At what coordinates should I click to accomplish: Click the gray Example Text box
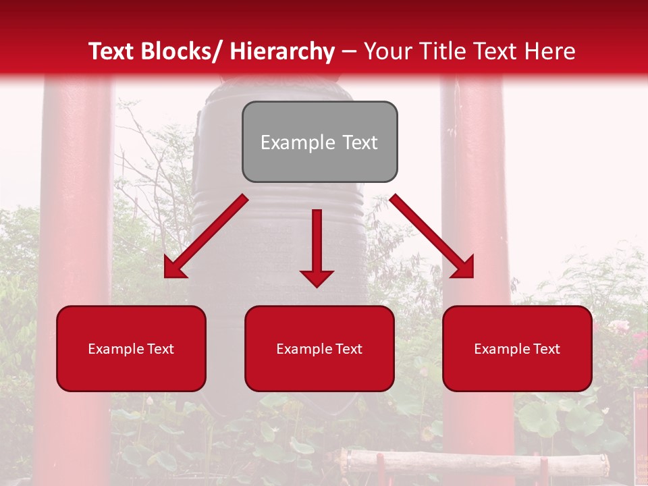coord(319,142)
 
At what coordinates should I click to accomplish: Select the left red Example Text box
coord(131,348)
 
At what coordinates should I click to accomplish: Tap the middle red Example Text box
coord(319,348)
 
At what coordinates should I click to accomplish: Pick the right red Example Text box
coord(517,348)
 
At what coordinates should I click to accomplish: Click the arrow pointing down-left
coord(206,236)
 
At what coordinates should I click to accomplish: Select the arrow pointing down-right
coord(432,236)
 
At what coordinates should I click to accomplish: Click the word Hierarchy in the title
coord(282,51)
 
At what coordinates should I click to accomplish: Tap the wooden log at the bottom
coord(473,462)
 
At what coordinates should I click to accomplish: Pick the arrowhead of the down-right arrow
coord(464,268)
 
